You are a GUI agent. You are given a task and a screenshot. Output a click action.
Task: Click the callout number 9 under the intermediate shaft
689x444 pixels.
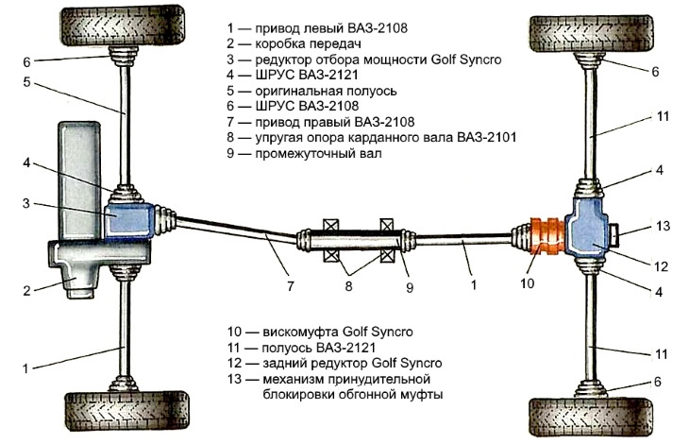[409, 287]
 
